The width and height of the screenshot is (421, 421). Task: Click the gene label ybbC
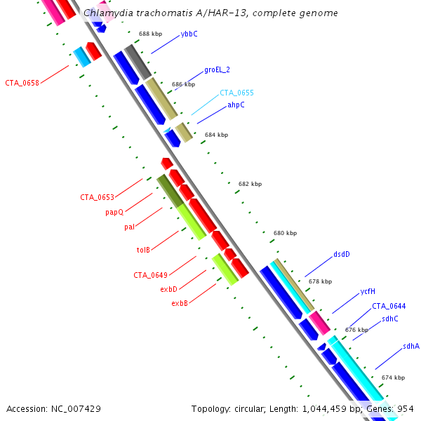[189, 34]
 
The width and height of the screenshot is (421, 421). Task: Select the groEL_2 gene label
[217, 70]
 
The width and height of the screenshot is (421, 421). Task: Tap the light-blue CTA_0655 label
[236, 93]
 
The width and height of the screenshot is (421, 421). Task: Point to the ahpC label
[236, 105]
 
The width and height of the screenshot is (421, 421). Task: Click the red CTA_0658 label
[22, 83]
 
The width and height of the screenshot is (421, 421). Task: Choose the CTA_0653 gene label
[97, 198]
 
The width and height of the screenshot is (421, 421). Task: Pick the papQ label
[114, 212]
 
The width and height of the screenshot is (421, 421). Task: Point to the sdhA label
[411, 347]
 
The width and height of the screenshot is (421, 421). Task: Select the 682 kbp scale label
[250, 185]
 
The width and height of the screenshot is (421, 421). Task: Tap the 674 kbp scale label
[393, 377]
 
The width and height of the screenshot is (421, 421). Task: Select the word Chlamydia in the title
[107, 13]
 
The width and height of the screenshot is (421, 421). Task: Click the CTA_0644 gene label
[389, 306]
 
